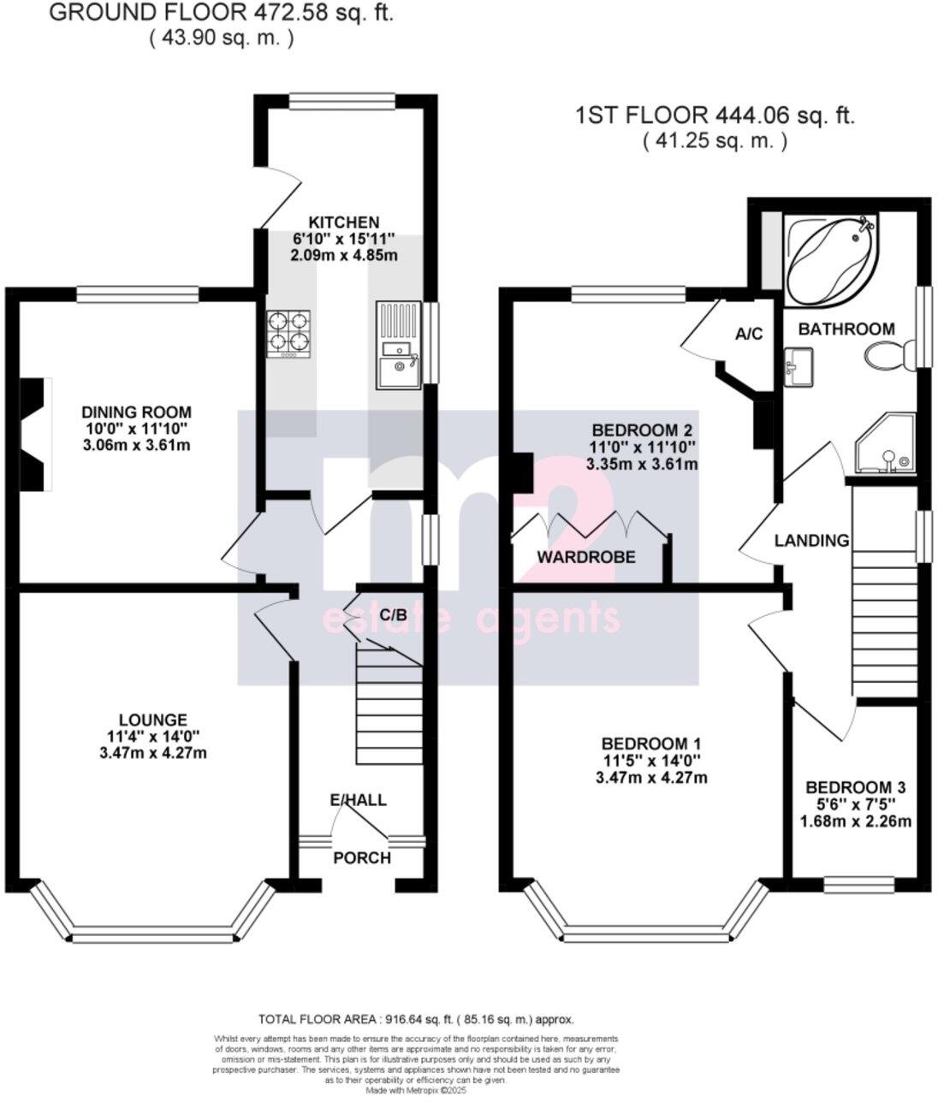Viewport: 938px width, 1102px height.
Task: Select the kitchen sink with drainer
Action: pos(398,343)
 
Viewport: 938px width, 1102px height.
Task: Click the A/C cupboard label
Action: pos(749,335)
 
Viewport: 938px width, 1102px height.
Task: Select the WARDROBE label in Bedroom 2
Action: pos(586,557)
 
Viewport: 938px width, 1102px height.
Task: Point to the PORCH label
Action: pos(361,858)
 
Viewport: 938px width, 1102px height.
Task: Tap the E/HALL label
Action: pos(358,801)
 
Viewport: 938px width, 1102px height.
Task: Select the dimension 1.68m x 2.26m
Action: pos(855,821)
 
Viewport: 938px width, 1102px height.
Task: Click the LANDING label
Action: pos(811,541)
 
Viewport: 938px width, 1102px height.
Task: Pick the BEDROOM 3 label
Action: pos(855,787)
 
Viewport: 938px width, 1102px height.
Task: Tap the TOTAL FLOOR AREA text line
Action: pos(416,1019)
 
